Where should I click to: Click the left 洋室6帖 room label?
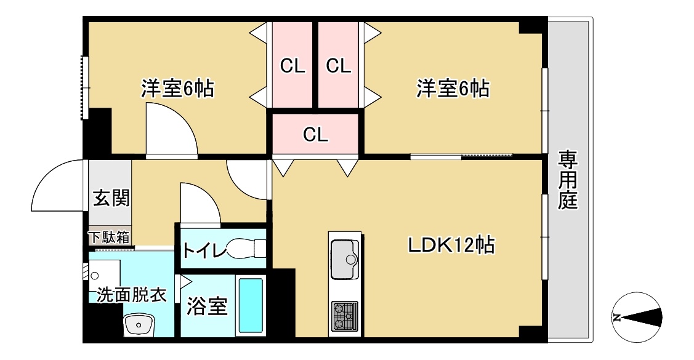pyautogui.click(x=177, y=89)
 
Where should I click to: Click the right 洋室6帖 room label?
pyautogui.click(x=453, y=89)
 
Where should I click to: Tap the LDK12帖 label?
pyautogui.click(x=451, y=246)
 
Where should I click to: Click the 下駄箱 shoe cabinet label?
pyautogui.click(x=109, y=237)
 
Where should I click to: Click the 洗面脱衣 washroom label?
pyautogui.click(x=131, y=295)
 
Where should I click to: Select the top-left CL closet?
pyautogui.click(x=293, y=65)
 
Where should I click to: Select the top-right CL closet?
pyautogui.click(x=338, y=65)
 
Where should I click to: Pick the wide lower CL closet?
pyautogui.click(x=315, y=134)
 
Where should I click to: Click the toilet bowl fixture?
pyautogui.click(x=245, y=249)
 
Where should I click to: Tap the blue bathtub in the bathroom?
pyautogui.click(x=251, y=306)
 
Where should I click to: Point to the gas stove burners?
pyautogui.click(x=344, y=316)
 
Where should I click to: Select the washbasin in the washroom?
pyautogui.click(x=139, y=324)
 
